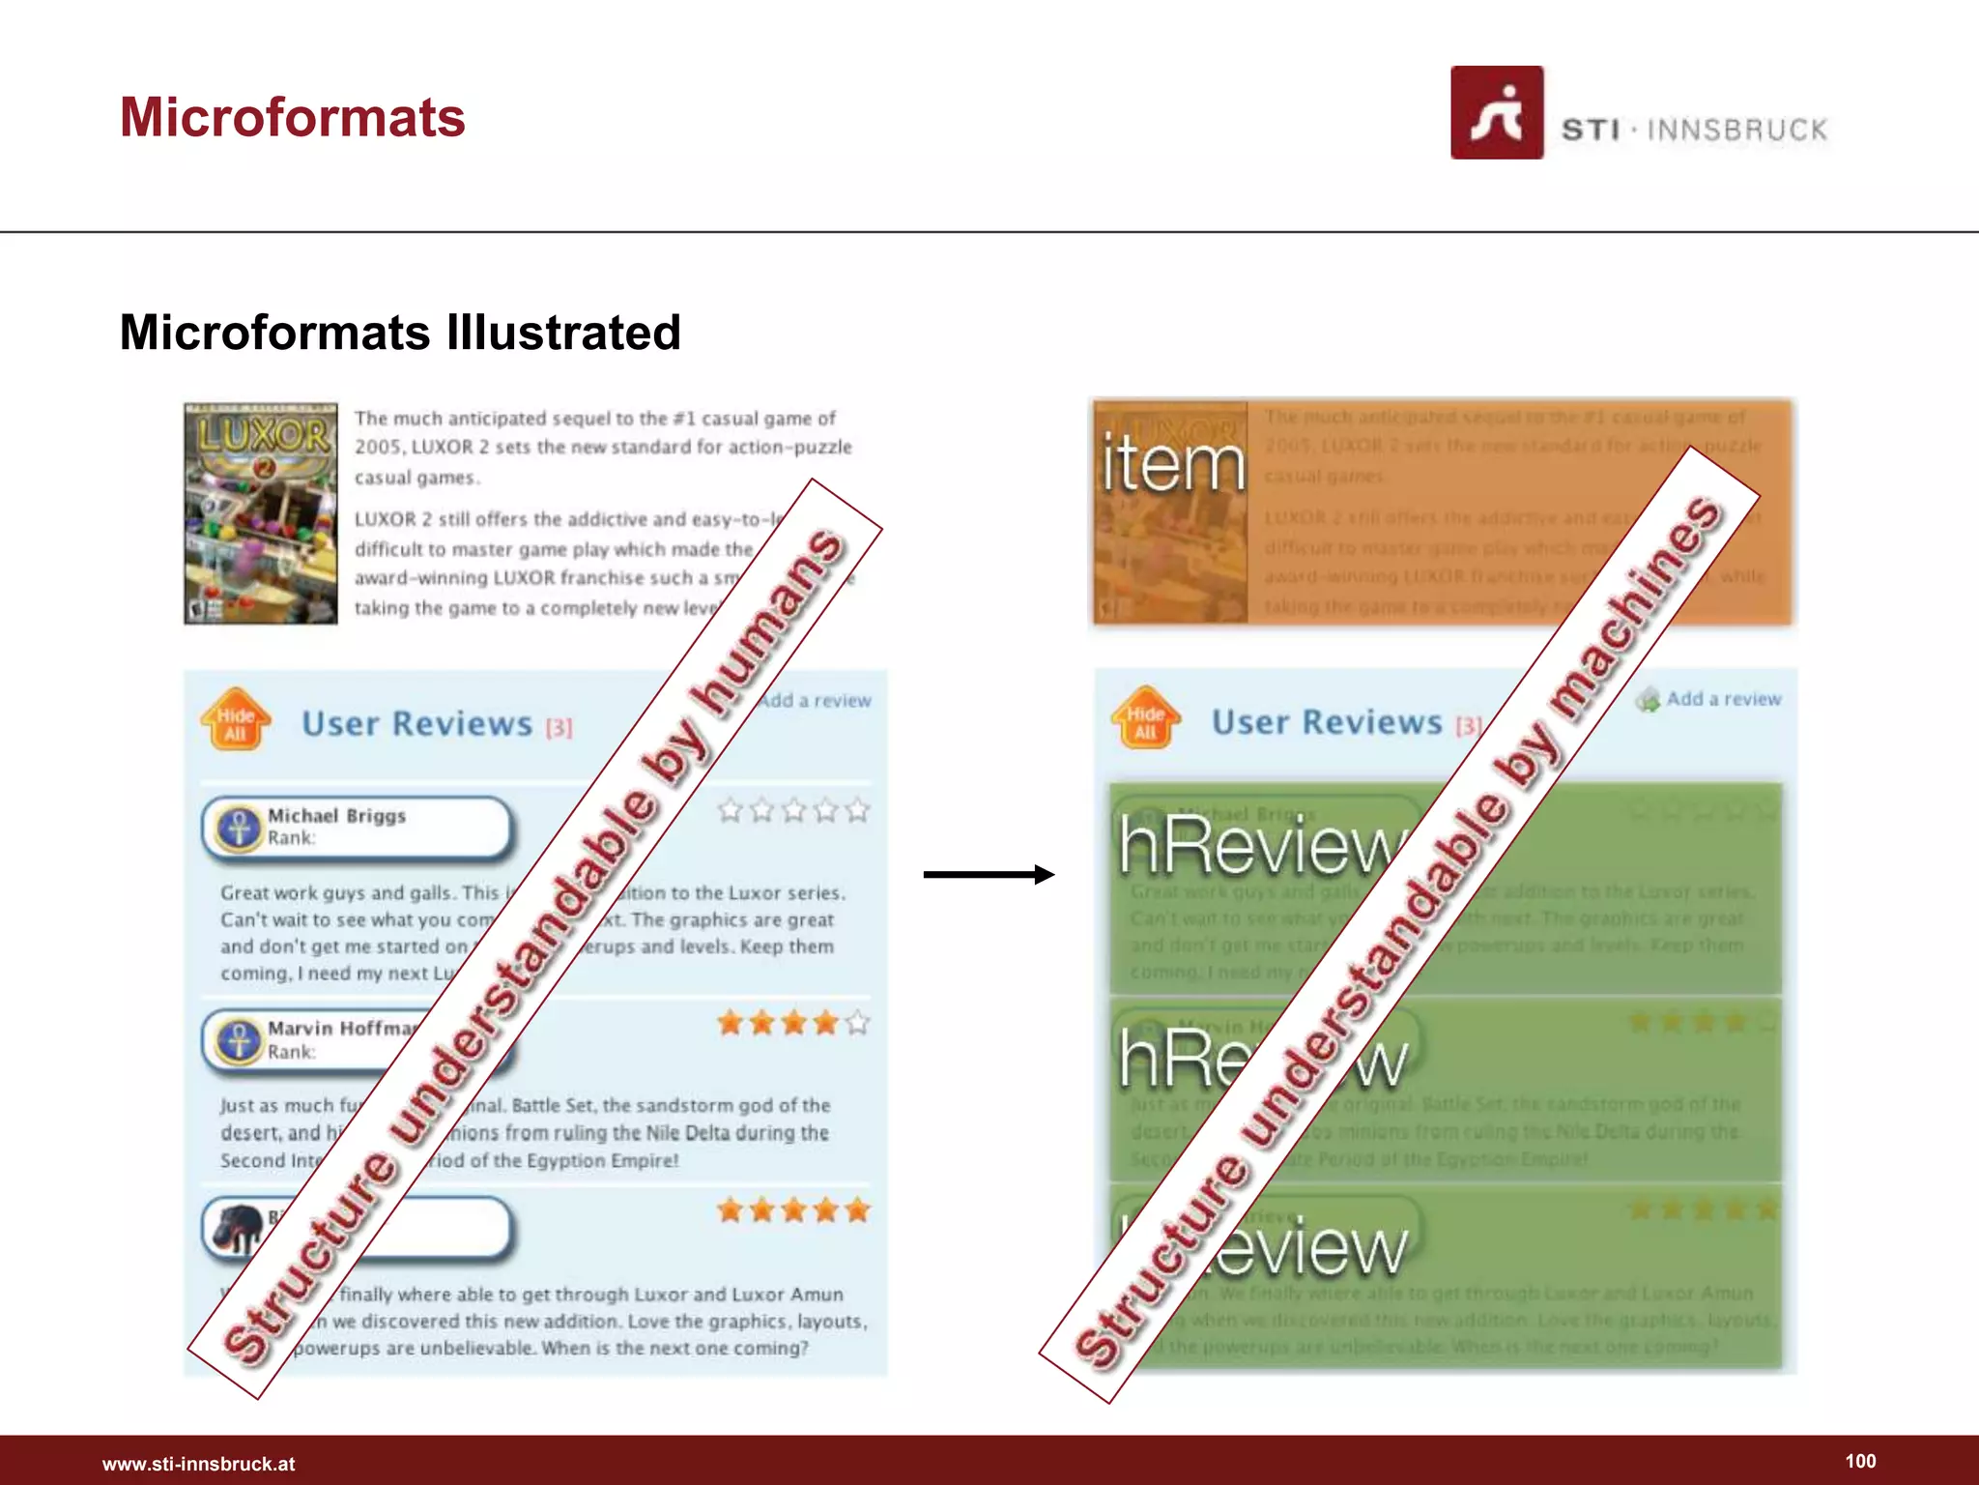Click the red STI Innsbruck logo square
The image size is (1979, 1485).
(1496, 112)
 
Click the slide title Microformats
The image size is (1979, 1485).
(292, 118)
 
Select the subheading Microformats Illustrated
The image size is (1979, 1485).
(400, 333)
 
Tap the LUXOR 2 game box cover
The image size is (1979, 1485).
(261, 513)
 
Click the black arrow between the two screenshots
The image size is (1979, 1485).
(989, 875)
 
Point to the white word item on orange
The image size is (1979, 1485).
(1173, 465)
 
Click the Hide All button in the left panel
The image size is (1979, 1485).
(236, 720)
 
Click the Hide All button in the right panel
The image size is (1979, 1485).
(1146, 718)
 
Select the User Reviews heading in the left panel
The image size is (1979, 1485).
(417, 724)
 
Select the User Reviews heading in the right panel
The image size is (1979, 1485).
(1327, 722)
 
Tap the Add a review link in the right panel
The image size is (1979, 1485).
(1722, 699)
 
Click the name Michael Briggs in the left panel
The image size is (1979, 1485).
(336, 816)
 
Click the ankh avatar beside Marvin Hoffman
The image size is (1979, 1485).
(239, 1041)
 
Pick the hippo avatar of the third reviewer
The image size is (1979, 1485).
(237, 1229)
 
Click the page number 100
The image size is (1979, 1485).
(1860, 1461)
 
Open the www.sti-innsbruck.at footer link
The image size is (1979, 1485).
(198, 1464)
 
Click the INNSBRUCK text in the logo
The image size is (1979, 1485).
(1736, 131)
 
